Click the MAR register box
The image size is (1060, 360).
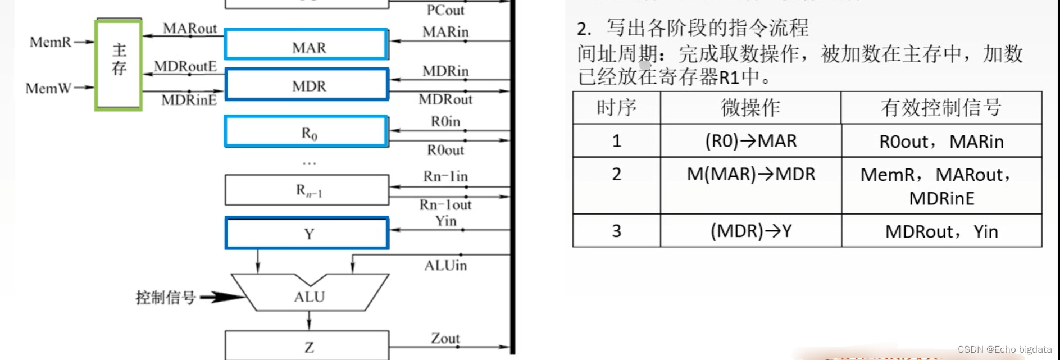point(307,45)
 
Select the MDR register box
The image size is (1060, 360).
point(307,85)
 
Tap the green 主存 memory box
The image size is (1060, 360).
point(119,65)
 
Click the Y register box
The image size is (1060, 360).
point(307,233)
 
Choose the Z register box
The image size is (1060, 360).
point(307,345)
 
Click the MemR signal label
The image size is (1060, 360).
point(51,42)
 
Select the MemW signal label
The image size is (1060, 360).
point(49,88)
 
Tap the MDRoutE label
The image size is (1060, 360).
point(185,66)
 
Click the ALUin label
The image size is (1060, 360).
point(445,265)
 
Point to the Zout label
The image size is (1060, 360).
point(445,338)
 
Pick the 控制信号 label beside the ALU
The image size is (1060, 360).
point(165,297)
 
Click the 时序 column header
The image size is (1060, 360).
point(616,107)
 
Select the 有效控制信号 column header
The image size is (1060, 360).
point(941,107)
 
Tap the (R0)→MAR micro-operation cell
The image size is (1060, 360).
point(750,140)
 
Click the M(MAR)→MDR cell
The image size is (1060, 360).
point(750,174)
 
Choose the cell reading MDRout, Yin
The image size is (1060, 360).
point(941,231)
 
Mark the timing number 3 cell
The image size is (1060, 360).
point(616,231)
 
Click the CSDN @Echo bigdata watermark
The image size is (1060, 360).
point(1004,349)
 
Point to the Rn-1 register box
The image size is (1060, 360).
point(307,190)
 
